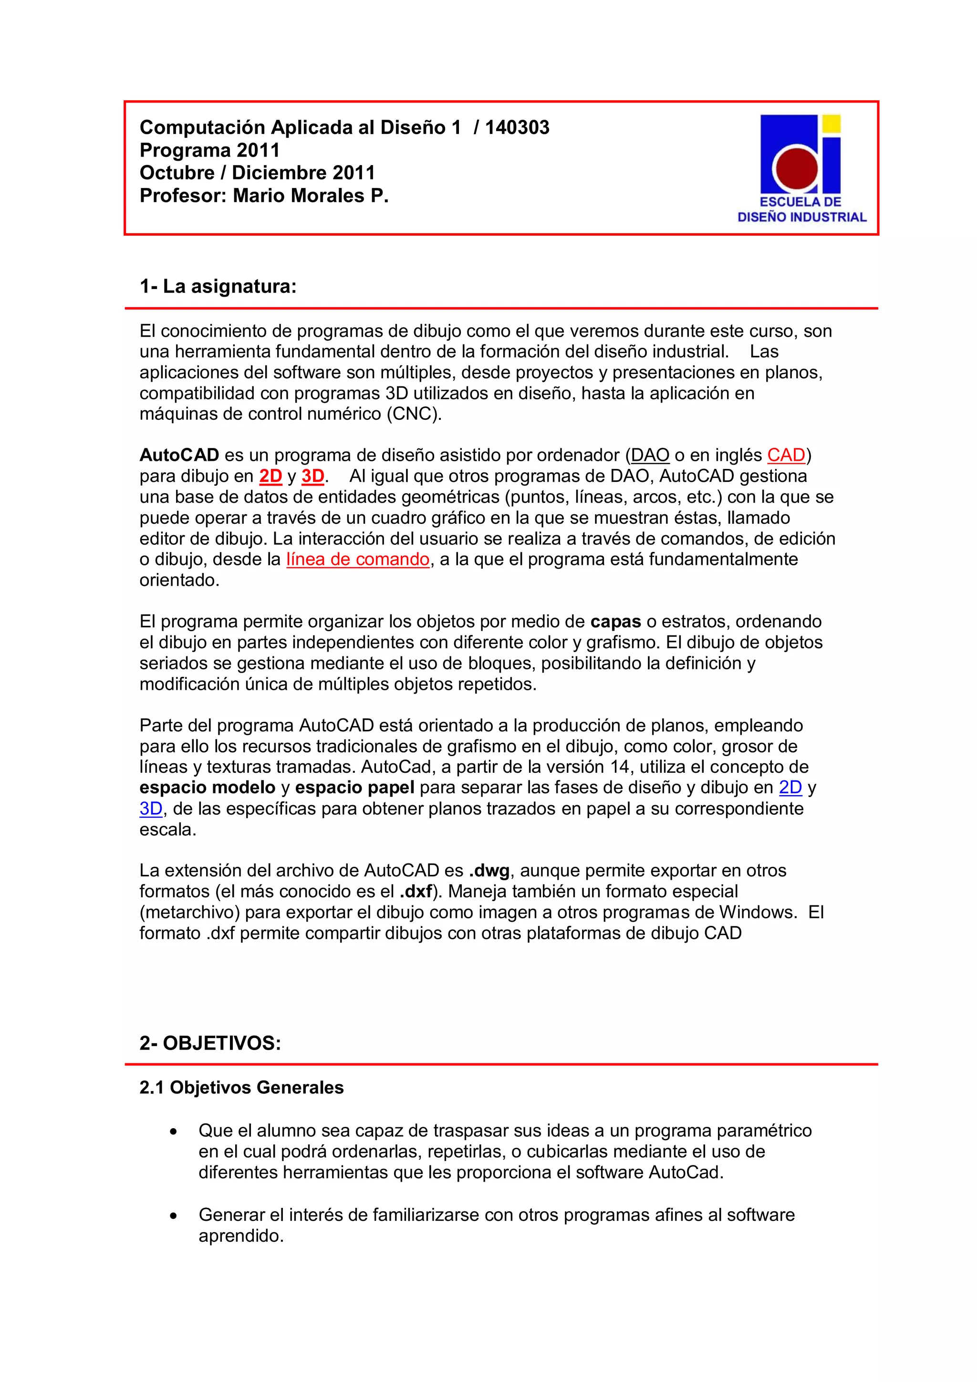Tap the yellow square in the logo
pos(831,124)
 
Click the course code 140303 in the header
pos(517,127)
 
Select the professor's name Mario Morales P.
pos(311,196)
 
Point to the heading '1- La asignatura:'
pos(218,287)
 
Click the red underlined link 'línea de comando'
pos(358,559)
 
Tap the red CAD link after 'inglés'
pos(786,455)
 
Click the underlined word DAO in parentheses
pos(650,455)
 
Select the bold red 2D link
pos(270,476)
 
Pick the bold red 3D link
pos(312,476)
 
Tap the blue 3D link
pos(151,809)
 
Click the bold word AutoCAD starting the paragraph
pos(179,455)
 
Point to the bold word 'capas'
pos(615,621)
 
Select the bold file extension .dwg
pos(489,871)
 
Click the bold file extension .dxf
pos(416,892)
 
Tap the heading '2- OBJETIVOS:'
pos(210,1043)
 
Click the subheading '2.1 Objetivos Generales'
pos(241,1088)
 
